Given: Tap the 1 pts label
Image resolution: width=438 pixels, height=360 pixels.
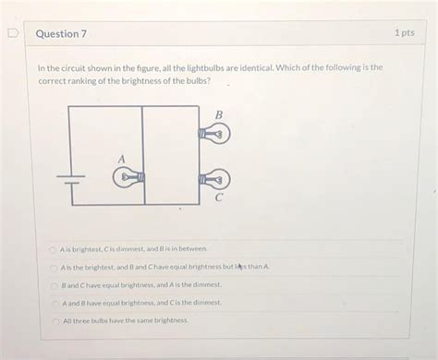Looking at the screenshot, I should (403, 33).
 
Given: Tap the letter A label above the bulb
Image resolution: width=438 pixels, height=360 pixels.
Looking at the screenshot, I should (121, 159).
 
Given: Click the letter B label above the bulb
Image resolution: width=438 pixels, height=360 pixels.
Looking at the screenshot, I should (219, 115).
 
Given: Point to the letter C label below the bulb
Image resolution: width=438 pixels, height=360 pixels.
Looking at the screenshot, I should (219, 197).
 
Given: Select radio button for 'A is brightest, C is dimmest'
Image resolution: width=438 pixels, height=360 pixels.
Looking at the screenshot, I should (54, 249).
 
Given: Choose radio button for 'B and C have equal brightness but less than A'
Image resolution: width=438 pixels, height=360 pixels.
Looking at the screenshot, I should (54, 267).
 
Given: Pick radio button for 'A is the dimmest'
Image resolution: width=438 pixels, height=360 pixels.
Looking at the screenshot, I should (54, 285).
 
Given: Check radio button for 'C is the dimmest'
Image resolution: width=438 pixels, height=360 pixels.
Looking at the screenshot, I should (54, 303).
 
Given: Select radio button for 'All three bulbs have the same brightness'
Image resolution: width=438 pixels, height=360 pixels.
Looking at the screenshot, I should (54, 320).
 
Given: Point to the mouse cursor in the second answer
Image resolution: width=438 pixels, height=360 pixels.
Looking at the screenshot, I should (239, 268).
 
